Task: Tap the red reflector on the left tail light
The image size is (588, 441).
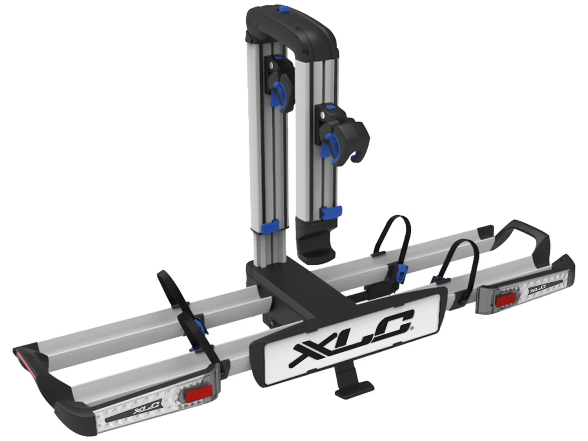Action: click(x=199, y=393)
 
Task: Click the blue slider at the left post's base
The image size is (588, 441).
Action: click(x=270, y=226)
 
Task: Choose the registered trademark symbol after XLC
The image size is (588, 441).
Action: click(x=411, y=329)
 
